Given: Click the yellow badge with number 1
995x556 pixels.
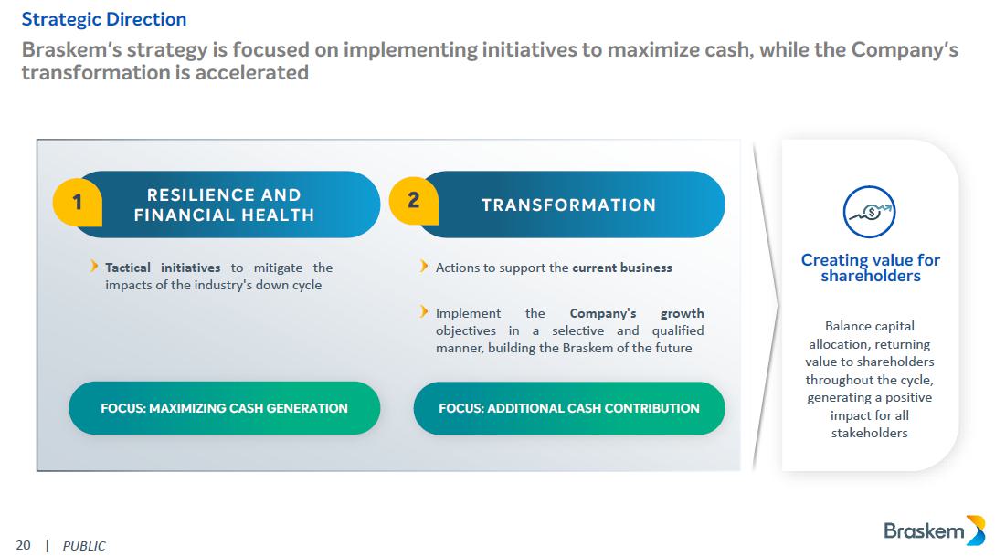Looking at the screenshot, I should [x=77, y=201].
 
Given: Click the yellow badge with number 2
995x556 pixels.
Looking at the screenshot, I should [x=413, y=200].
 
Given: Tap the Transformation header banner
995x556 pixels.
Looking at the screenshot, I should [x=568, y=205].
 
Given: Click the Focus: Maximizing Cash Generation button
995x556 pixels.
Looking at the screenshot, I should [x=224, y=408].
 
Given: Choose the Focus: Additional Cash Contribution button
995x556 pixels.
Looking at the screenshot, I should [x=568, y=408].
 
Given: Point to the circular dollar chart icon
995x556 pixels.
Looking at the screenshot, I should [x=869, y=212].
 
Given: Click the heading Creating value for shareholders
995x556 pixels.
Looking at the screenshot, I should [x=870, y=268].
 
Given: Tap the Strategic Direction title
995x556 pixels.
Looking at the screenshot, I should [x=103, y=18].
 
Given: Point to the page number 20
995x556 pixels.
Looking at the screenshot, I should [x=23, y=545].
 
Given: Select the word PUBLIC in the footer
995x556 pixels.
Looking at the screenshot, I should [x=84, y=546].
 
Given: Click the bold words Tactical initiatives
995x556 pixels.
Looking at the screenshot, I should [x=163, y=268].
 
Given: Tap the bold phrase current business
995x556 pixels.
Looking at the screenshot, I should [x=621, y=268].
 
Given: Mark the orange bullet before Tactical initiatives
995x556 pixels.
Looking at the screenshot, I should [x=95, y=267].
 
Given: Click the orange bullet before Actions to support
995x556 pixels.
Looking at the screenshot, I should [x=424, y=267].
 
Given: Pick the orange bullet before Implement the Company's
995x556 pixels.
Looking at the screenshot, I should [x=424, y=312].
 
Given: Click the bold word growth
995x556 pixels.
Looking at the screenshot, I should [x=682, y=313].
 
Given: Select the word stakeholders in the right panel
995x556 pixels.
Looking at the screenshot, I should [x=869, y=433].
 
